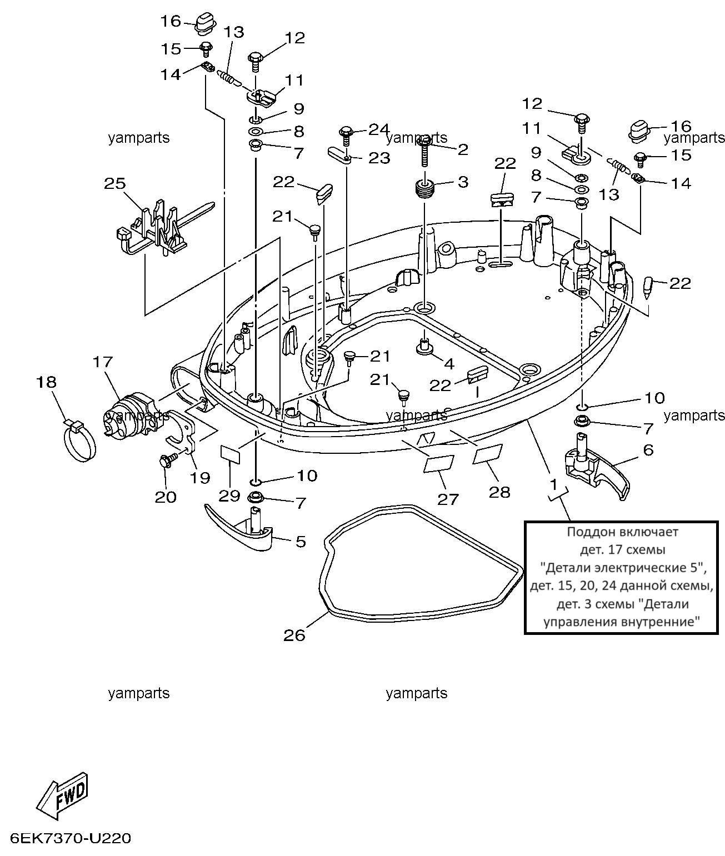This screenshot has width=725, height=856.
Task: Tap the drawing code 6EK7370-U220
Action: [x=71, y=839]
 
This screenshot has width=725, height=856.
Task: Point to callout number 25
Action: [x=115, y=183]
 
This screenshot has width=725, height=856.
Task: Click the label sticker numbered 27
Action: [x=438, y=463]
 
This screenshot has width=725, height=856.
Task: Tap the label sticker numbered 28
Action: [x=488, y=453]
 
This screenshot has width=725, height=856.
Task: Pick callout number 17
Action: [x=102, y=362]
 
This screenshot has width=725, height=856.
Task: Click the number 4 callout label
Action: [x=449, y=364]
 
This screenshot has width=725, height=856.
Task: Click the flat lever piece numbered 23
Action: [x=339, y=156]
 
